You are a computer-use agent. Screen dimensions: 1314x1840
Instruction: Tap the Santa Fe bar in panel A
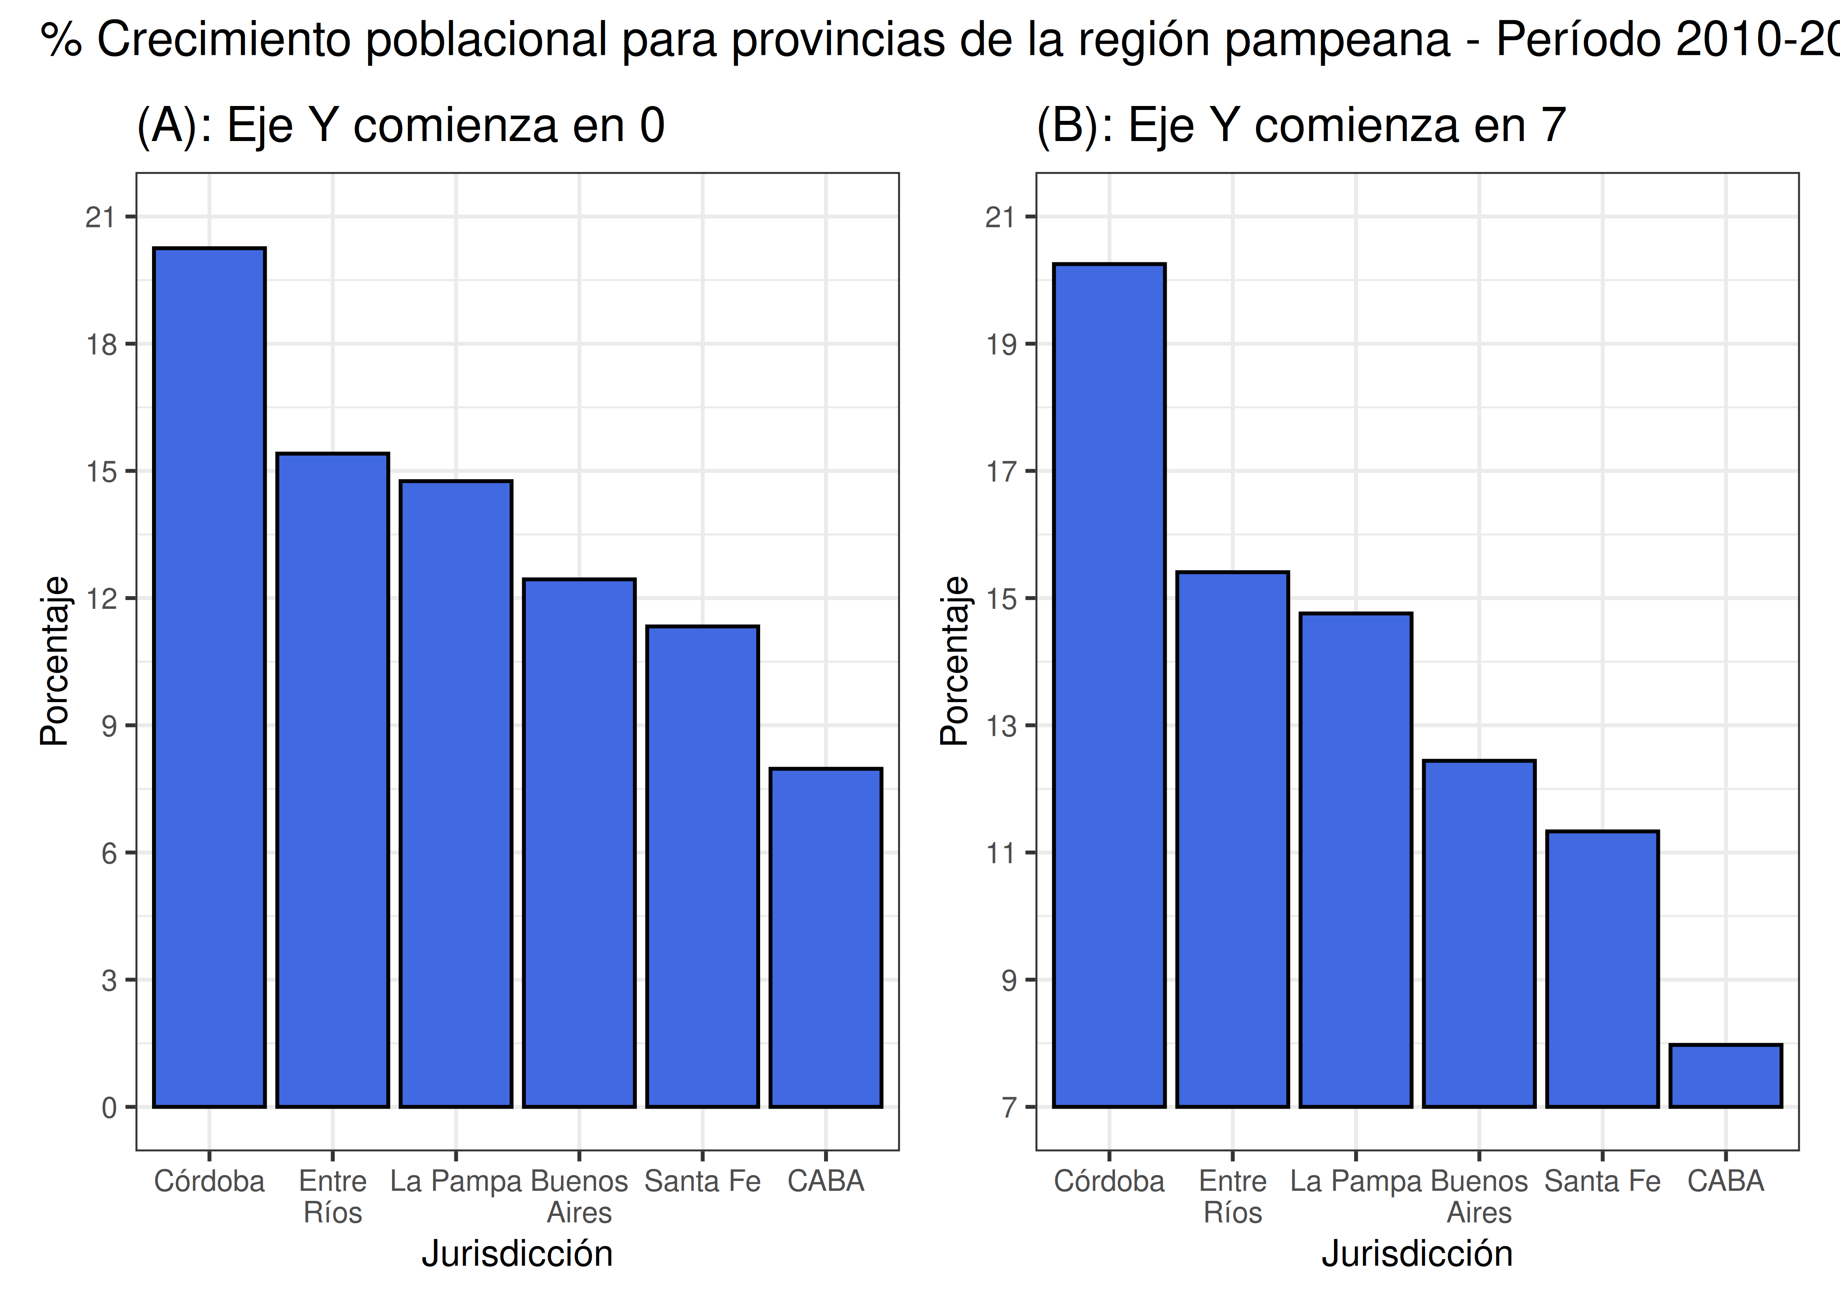[x=702, y=866]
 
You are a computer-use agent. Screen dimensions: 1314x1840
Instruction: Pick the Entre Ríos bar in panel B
[x=1232, y=839]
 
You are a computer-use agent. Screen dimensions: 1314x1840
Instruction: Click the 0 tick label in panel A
[x=109, y=1108]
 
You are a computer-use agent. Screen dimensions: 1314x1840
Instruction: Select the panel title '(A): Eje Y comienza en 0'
[x=400, y=125]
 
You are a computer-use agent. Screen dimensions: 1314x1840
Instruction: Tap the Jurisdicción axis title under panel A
[x=517, y=1253]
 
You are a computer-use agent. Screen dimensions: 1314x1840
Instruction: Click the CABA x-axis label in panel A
[x=825, y=1181]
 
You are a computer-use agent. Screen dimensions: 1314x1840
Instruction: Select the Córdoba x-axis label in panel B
[x=1108, y=1181]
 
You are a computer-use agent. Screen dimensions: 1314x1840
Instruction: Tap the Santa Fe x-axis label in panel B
[x=1602, y=1181]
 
